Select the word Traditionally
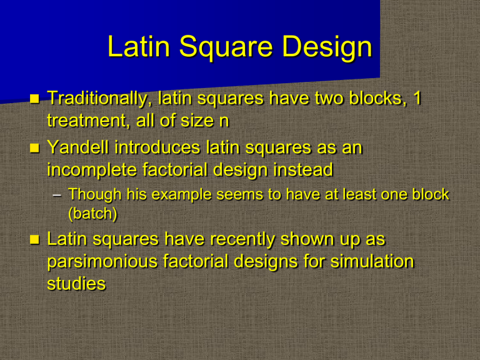click(x=100, y=99)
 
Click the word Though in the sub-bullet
click(x=92, y=195)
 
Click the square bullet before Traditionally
click(x=35, y=99)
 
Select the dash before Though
click(x=57, y=196)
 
